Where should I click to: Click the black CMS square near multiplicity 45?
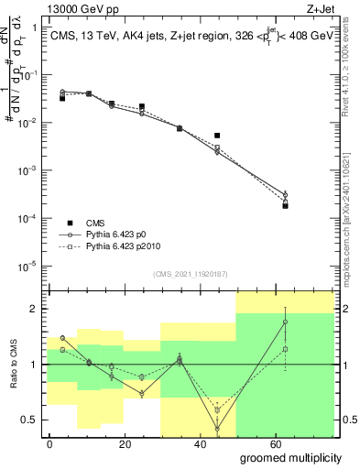pyautogui.click(x=217, y=136)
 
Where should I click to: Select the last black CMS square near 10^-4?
pyautogui.click(x=286, y=205)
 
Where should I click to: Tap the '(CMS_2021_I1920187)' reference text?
pyautogui.click(x=189, y=274)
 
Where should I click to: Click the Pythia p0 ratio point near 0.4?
pyautogui.click(x=217, y=429)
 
